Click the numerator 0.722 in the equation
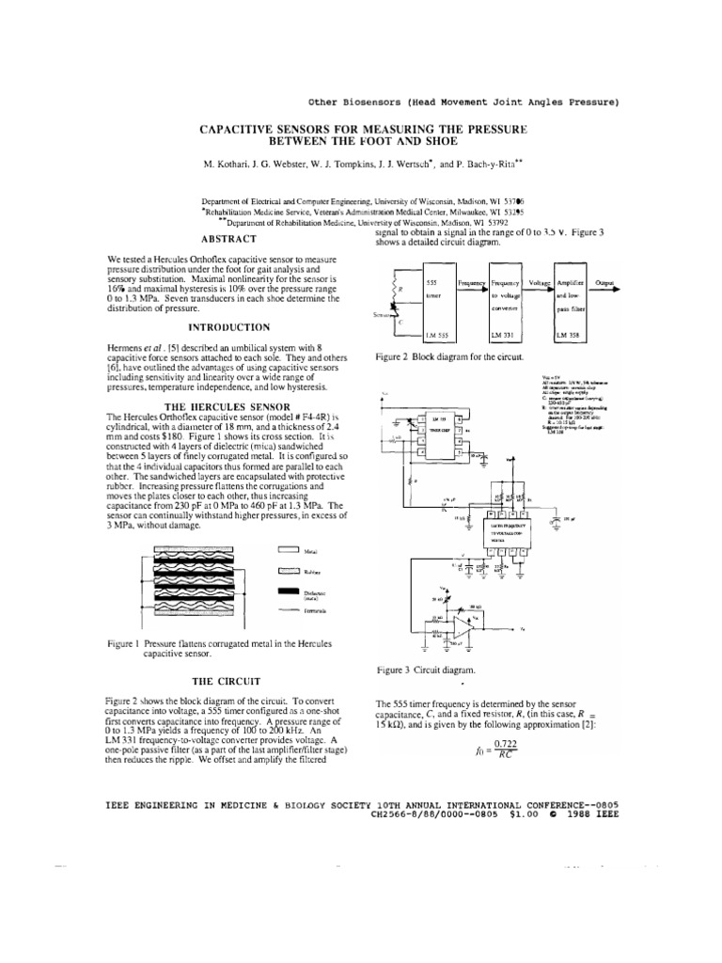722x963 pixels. [x=507, y=743]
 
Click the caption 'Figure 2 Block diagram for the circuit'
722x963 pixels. [x=449, y=358]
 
